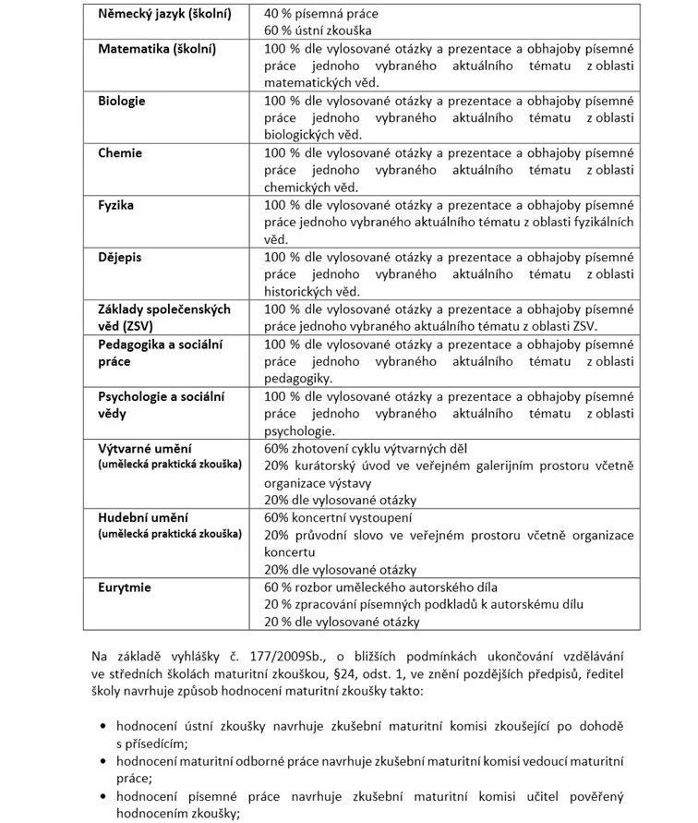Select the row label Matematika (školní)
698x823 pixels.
(x=157, y=48)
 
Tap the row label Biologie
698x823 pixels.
(x=122, y=101)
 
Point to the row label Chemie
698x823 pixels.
(x=120, y=152)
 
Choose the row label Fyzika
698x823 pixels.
(x=116, y=205)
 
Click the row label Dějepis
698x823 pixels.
(x=120, y=257)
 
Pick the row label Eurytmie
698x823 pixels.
(x=125, y=587)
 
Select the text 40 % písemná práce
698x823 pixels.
(x=320, y=14)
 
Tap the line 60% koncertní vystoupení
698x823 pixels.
(x=338, y=517)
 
